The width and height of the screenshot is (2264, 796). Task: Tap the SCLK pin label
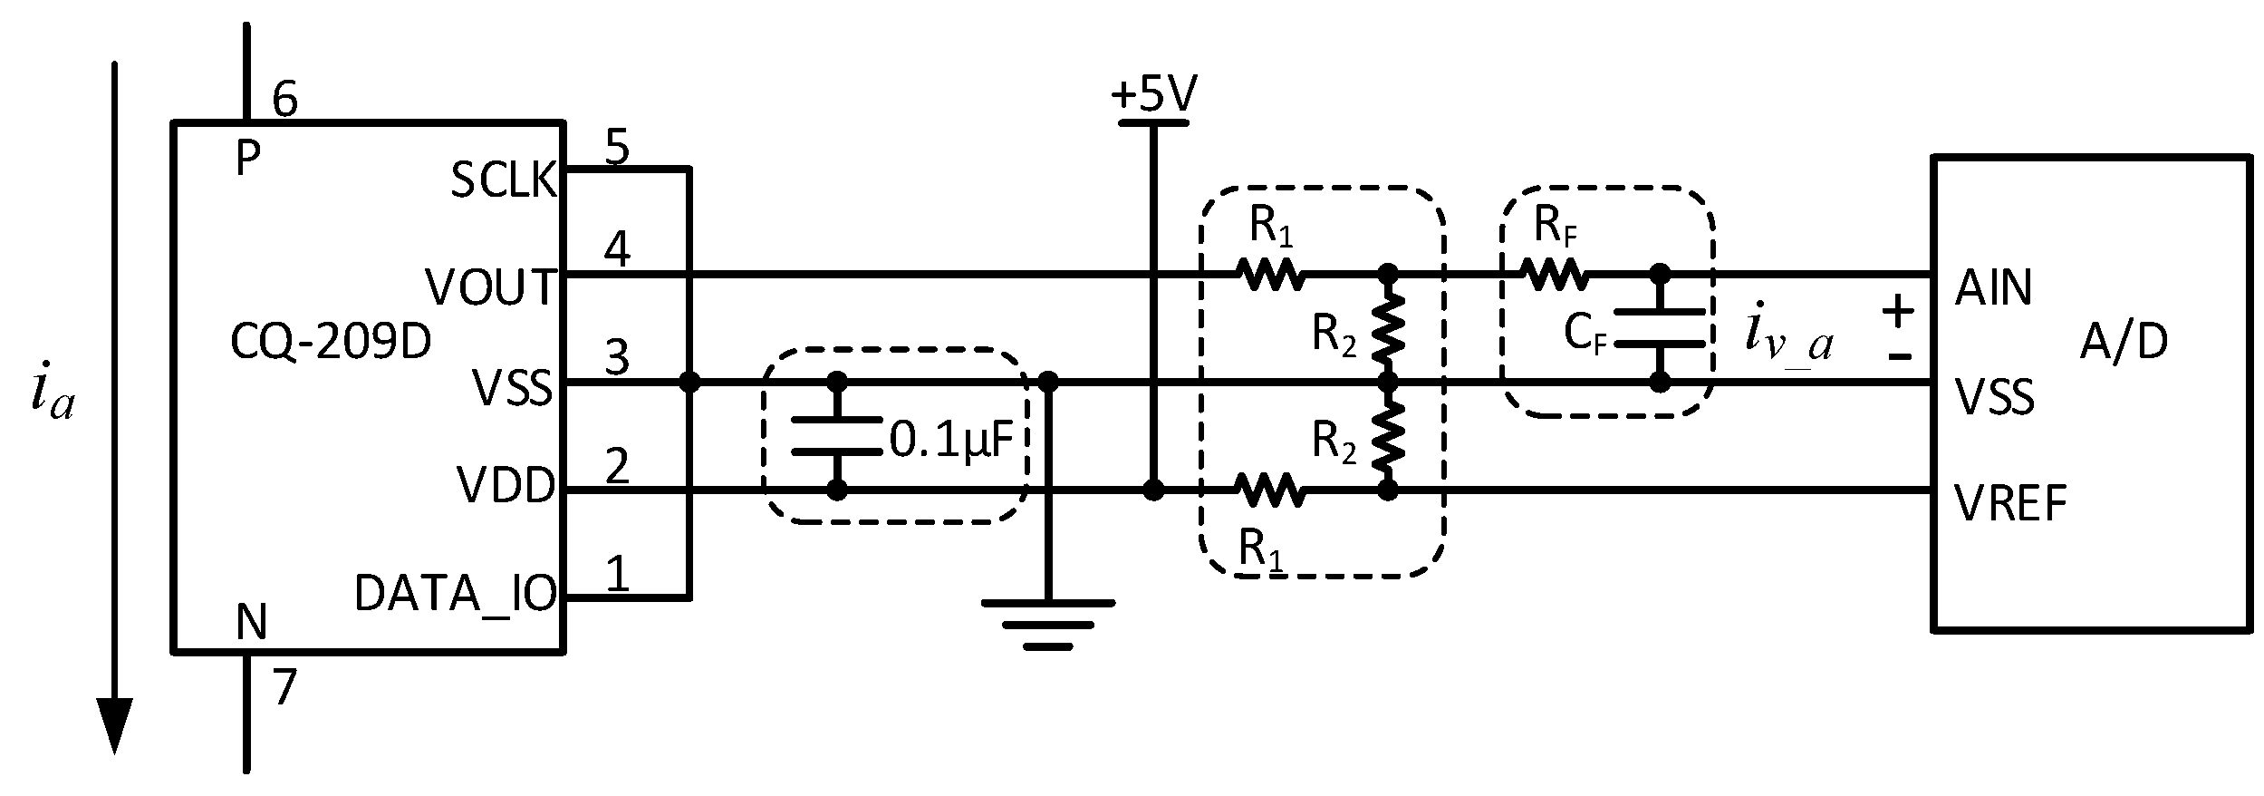coord(503,180)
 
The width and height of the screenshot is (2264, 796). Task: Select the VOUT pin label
coord(490,288)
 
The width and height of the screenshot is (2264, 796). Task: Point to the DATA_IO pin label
coord(455,595)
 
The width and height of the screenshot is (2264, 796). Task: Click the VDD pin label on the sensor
coord(506,486)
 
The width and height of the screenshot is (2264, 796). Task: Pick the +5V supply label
coord(1153,94)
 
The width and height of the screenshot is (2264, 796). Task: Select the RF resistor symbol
coord(1553,273)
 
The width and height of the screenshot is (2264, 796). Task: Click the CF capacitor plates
coord(1659,328)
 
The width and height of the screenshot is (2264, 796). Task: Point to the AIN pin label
coord(1994,288)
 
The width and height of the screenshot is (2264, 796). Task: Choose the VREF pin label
coord(2010,504)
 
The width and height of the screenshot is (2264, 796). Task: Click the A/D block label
coord(2124,343)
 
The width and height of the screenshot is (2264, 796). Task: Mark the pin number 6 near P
coord(284,100)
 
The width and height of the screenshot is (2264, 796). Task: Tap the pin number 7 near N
coord(284,688)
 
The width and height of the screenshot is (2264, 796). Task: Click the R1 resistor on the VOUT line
coord(1271,273)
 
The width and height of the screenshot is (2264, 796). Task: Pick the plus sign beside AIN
coord(1898,313)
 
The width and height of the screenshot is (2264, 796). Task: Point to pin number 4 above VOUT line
coord(617,248)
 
